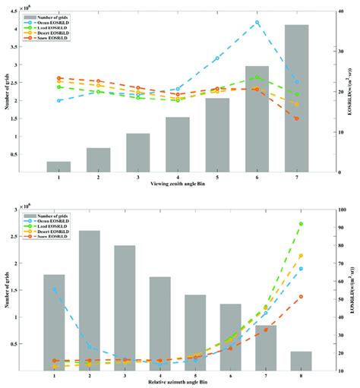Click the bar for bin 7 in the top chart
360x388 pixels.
click(296, 99)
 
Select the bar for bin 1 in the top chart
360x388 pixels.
click(58, 166)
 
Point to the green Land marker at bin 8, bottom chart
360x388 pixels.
click(301, 224)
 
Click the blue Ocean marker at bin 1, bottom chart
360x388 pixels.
click(55, 289)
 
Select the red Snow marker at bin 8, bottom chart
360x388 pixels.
click(301, 297)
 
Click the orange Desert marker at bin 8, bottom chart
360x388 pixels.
click(301, 256)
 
